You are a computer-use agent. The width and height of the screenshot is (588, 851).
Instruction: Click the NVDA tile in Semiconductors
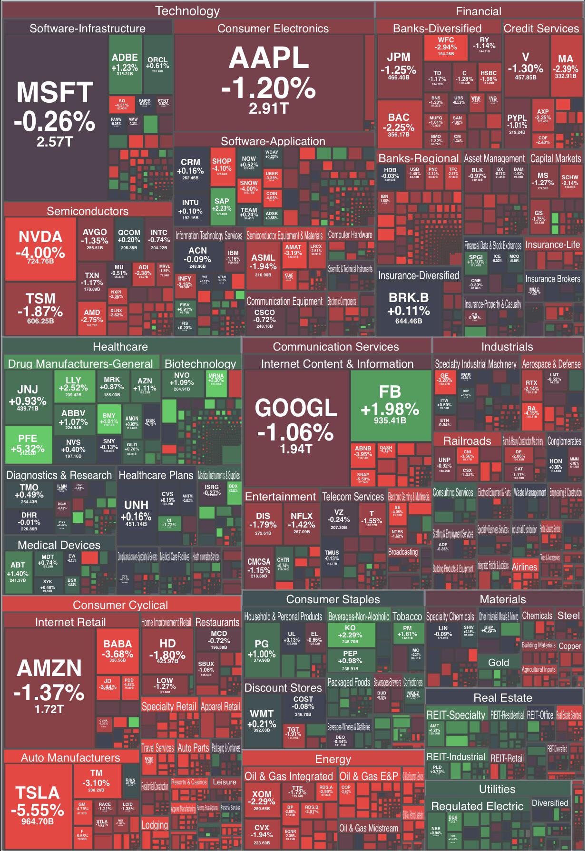coord(40,248)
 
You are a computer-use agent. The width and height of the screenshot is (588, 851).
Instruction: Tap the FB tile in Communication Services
coord(390,404)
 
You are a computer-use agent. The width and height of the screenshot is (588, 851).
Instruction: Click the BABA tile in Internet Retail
coord(118,650)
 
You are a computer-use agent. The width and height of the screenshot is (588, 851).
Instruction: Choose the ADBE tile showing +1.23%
coord(125,64)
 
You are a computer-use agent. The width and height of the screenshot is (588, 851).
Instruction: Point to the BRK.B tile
coord(409,307)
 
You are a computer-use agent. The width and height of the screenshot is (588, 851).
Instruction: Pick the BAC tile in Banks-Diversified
coord(399,124)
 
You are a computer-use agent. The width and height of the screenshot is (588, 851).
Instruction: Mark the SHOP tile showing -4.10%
coord(222,166)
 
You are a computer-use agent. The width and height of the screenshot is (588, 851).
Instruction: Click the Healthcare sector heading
coord(120,346)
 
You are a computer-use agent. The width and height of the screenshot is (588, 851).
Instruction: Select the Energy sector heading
coord(333,759)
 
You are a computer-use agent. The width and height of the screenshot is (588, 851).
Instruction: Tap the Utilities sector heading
coord(497,789)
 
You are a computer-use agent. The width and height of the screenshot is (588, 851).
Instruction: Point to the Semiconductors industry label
coord(88,211)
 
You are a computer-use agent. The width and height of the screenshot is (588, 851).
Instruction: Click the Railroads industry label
coord(467,440)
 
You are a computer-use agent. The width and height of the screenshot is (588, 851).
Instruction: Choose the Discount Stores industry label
coord(283,688)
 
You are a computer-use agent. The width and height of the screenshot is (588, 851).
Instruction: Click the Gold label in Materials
coord(499,662)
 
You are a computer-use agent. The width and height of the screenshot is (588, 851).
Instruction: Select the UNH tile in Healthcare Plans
coord(136,511)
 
